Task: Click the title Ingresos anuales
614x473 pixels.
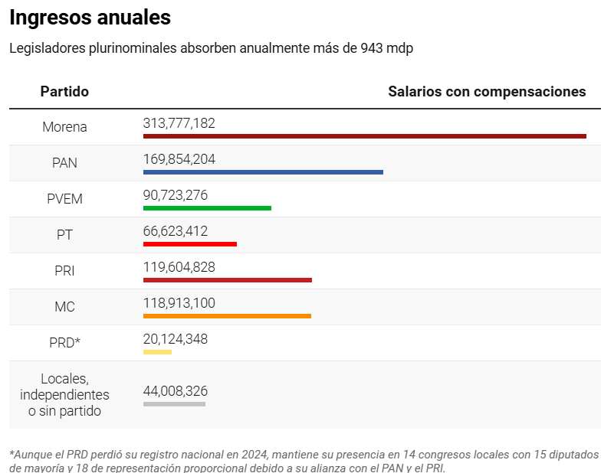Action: pos(90,18)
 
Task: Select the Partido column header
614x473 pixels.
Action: pos(64,92)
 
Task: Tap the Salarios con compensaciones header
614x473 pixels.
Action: pos(487,92)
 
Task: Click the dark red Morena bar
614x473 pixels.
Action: pos(364,136)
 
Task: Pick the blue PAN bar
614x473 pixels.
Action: pos(263,172)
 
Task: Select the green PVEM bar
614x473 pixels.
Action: pos(207,208)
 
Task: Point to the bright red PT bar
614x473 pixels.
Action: pos(190,244)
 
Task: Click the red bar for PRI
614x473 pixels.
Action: pos(227,280)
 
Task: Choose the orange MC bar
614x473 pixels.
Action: pos(227,316)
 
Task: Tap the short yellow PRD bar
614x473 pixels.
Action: pos(157,352)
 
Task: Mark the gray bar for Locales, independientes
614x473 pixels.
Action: pos(174,404)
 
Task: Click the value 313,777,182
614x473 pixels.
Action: pos(179,123)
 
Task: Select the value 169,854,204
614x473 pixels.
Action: pos(179,159)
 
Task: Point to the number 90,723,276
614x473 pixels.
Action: pos(175,195)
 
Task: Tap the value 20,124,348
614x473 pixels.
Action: pos(175,339)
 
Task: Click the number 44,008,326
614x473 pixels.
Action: pos(175,391)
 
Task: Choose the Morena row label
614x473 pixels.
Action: pos(64,127)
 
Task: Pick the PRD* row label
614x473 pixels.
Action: pos(64,343)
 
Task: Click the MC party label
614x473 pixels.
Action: pos(64,307)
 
